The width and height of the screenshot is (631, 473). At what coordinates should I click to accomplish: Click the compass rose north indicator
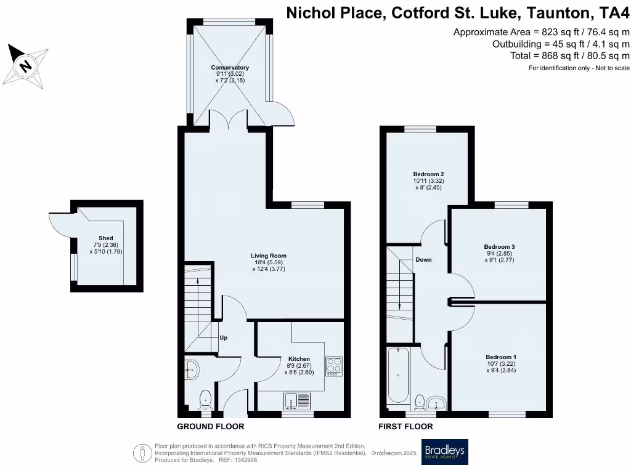tap(26, 65)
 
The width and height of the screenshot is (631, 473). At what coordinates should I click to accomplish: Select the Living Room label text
tap(268, 256)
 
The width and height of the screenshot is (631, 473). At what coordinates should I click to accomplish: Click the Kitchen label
tap(299, 359)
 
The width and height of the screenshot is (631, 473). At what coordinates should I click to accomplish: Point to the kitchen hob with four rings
tap(333, 366)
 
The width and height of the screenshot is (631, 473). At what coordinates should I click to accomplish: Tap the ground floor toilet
tap(205, 400)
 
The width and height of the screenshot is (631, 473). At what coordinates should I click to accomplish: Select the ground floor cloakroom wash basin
tap(191, 370)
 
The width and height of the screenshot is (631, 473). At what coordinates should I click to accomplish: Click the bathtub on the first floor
tap(398, 374)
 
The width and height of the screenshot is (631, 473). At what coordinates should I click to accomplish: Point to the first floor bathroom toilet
tap(420, 402)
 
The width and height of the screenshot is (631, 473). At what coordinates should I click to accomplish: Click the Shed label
tap(106, 238)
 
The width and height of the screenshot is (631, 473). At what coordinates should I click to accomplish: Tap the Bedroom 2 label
tap(428, 174)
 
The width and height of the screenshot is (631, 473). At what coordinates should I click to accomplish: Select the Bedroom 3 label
tap(499, 247)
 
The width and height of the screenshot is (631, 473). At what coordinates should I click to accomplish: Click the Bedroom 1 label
tap(501, 357)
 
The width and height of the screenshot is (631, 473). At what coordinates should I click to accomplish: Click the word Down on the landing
tap(423, 260)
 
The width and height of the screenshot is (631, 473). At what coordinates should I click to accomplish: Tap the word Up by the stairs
tap(224, 338)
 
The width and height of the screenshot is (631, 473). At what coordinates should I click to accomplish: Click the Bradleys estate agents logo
tap(444, 452)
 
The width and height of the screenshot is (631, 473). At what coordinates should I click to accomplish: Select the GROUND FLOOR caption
tap(211, 426)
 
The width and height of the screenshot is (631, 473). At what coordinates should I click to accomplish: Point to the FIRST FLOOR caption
tap(406, 426)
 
